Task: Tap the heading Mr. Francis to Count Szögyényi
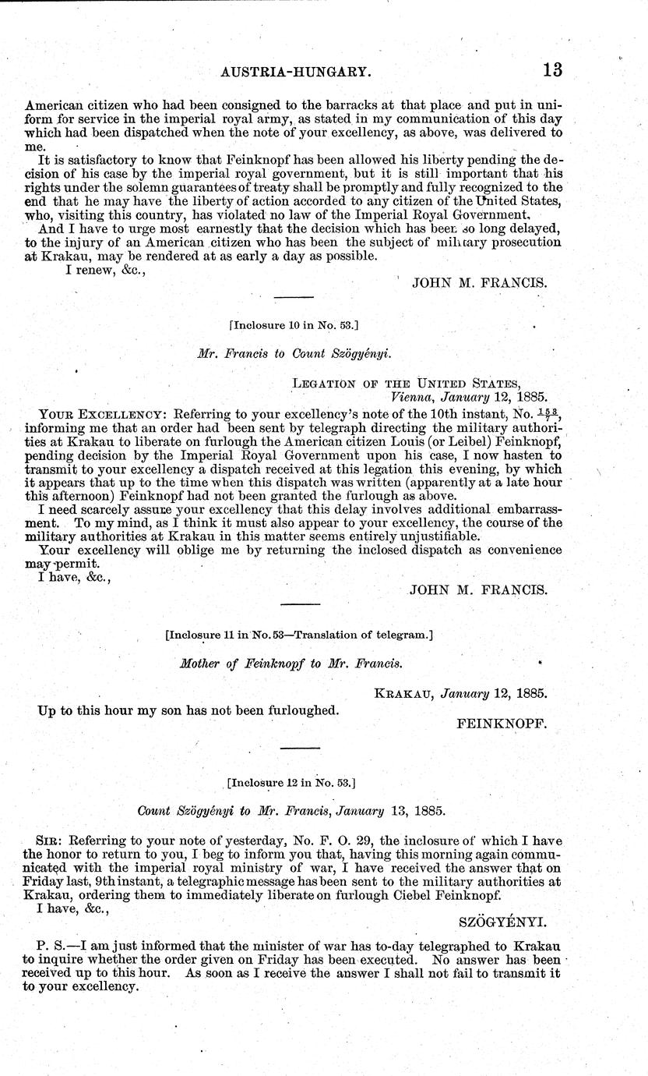click(294, 352)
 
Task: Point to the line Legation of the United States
click(406, 383)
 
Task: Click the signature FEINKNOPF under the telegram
click(502, 723)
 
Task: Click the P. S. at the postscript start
click(51, 947)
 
